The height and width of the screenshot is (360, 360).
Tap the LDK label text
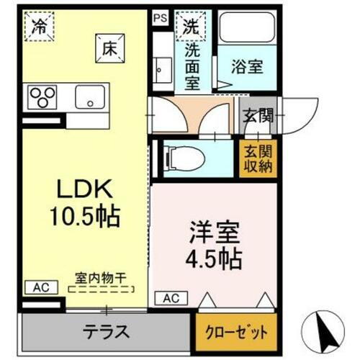point(84,189)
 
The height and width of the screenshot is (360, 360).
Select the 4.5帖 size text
point(214,257)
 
